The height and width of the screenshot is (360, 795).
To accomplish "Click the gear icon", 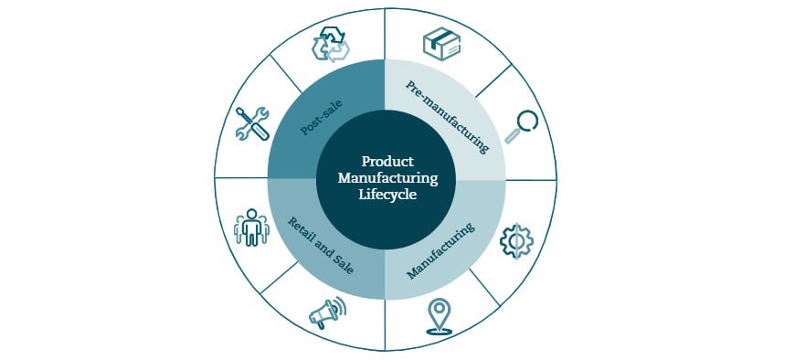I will pyautogui.click(x=519, y=239).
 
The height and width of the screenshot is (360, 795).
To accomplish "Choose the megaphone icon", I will pyautogui.click(x=328, y=313).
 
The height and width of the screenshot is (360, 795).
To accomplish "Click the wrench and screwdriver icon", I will pyautogui.click(x=251, y=123).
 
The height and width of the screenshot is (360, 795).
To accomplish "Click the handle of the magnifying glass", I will pyautogui.click(x=512, y=136).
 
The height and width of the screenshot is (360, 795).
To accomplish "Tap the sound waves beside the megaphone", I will pyautogui.click(x=343, y=308).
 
